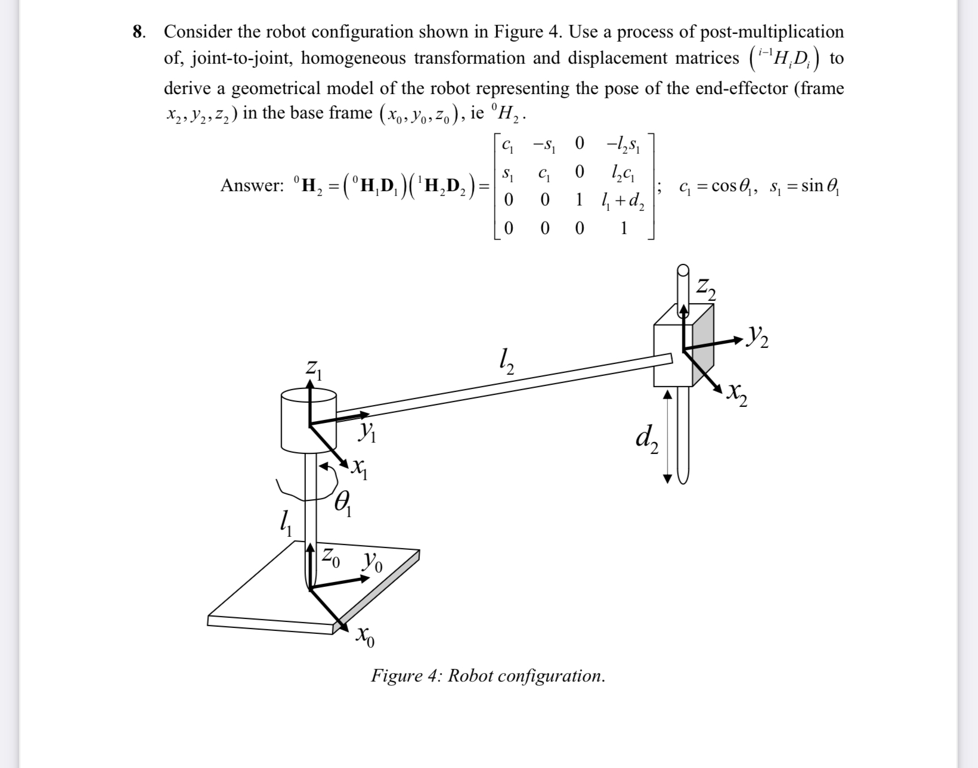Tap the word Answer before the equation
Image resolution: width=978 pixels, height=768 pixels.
pyautogui.click(x=252, y=185)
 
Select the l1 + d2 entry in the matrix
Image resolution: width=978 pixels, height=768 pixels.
pyautogui.click(x=624, y=201)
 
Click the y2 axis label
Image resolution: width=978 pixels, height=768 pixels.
pyautogui.click(x=757, y=340)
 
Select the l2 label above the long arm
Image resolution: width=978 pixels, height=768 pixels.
pyautogui.click(x=505, y=361)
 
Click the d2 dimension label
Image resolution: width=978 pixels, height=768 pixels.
pyautogui.click(x=646, y=441)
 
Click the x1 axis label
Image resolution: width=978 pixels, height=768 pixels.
pyautogui.click(x=359, y=471)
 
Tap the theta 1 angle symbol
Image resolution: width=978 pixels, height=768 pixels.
pyautogui.click(x=343, y=505)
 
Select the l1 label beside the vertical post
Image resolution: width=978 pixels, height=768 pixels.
pyautogui.click(x=286, y=525)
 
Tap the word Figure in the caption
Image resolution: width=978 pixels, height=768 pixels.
pyautogui.click(x=394, y=676)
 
